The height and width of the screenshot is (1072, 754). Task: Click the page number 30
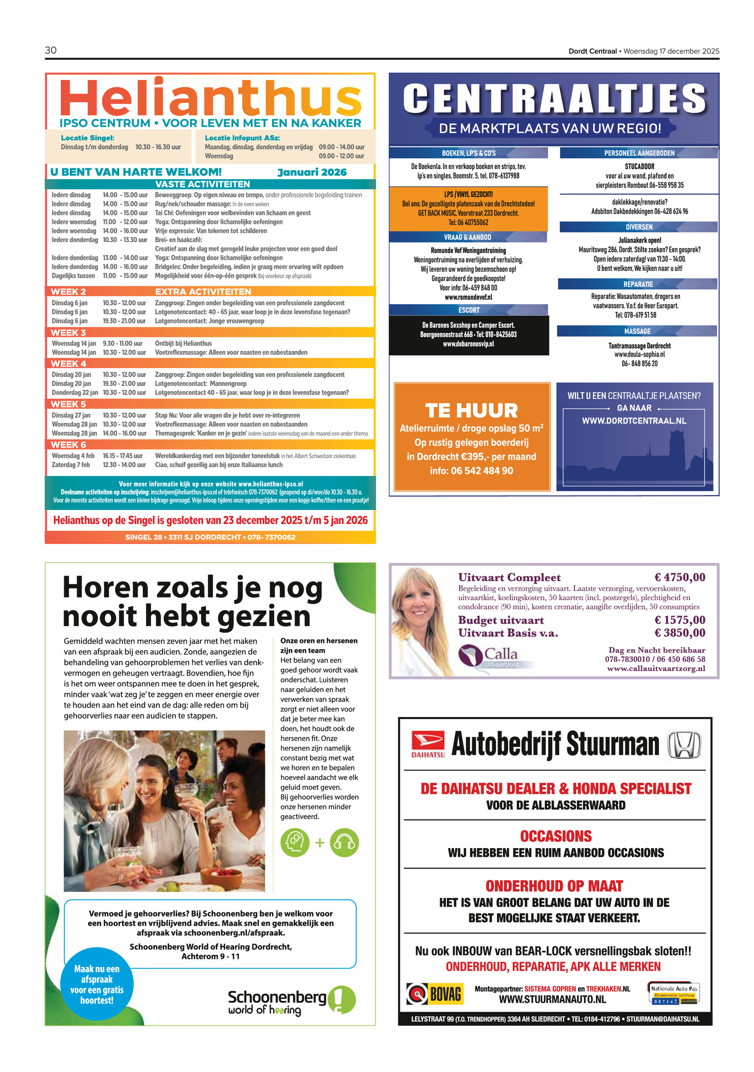[x=50, y=50]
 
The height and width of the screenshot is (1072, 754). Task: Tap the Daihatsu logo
[x=427, y=744]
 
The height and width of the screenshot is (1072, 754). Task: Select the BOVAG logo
[x=434, y=994]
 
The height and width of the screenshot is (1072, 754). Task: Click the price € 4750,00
[x=679, y=577]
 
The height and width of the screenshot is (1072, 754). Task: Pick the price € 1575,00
[x=679, y=619]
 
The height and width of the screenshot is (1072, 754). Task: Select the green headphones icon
[x=344, y=842]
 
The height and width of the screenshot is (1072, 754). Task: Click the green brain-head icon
[x=295, y=842]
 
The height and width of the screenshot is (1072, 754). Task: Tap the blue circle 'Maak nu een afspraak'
[x=97, y=984]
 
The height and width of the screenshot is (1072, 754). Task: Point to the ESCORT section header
[x=468, y=310]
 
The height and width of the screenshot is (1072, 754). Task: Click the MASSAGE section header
[x=637, y=331]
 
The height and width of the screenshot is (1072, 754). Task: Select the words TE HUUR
[x=471, y=410]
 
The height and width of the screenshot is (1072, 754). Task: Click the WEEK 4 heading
[x=68, y=363]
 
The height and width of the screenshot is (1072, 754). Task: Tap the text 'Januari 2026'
[x=311, y=172]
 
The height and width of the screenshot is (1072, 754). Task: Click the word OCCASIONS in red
[x=555, y=836]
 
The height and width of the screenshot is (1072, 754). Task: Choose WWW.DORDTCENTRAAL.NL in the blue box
[x=634, y=421]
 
